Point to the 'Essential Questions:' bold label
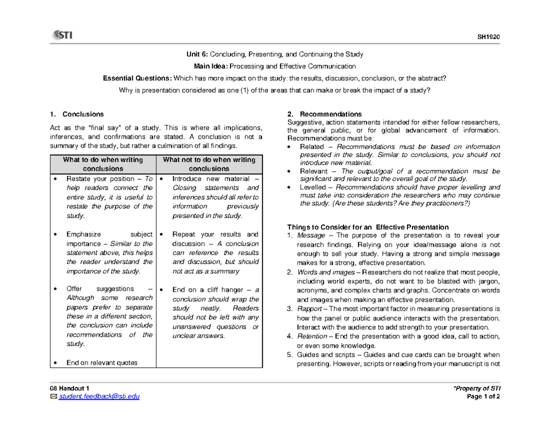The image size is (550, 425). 138,78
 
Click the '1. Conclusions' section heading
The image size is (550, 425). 77,114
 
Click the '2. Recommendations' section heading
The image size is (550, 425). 324,114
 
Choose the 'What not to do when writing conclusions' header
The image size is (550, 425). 209,164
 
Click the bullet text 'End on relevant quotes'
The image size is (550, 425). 102,363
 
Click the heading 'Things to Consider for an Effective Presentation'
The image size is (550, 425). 368,227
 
